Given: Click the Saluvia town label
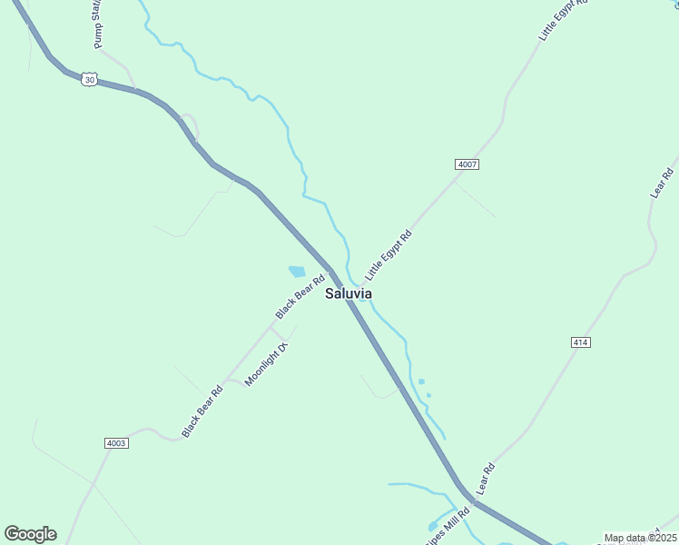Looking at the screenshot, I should coord(349,294).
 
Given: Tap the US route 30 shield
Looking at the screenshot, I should coord(87,80).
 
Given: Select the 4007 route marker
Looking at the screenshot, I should coord(467,164).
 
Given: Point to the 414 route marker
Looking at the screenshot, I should coord(581,342).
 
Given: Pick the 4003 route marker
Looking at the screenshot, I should coord(116,443).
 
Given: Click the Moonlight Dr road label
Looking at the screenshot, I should coord(266,364).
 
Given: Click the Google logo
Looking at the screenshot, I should coord(30,534).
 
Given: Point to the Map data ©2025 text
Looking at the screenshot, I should coord(640,538).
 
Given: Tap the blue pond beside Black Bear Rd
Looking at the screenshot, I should coord(297,271).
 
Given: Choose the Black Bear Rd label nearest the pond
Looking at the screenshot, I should coord(300,297).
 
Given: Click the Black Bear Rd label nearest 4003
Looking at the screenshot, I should coord(202,411).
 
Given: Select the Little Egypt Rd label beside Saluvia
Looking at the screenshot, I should coord(389,254).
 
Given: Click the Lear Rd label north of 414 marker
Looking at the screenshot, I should coord(661,183).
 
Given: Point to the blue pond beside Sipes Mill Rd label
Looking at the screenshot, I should coord(434,526).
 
